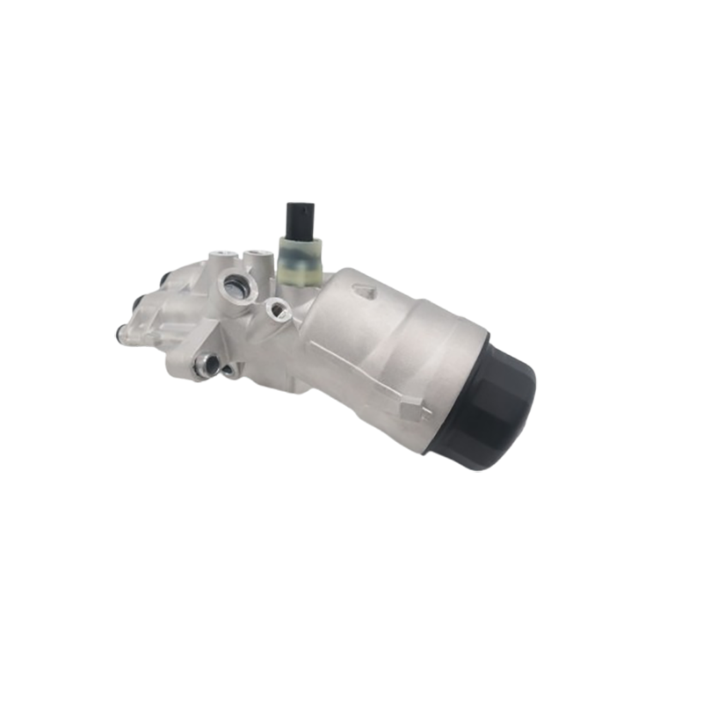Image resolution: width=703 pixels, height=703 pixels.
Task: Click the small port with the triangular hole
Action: tap(278, 308)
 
